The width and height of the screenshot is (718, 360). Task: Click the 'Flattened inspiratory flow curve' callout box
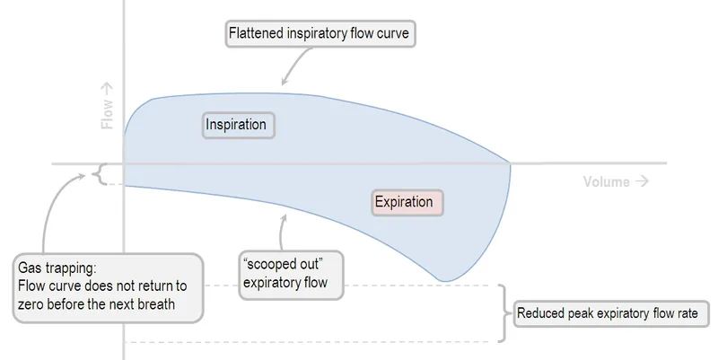tap(321, 35)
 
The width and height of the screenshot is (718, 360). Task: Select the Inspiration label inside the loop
tap(237, 125)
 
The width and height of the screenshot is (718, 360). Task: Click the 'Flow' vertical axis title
tap(108, 107)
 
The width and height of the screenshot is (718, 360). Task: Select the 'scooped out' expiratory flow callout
tap(284, 275)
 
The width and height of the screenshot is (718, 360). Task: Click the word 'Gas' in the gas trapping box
tap(31, 268)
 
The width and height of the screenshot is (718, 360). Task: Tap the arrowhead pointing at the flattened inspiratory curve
tap(285, 80)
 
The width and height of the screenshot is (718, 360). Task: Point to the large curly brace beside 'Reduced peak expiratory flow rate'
tap(505, 313)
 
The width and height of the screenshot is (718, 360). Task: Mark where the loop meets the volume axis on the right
tap(511, 163)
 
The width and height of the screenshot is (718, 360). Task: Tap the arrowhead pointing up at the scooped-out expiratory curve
tap(283, 219)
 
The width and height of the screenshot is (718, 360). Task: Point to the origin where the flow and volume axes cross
tap(124, 163)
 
